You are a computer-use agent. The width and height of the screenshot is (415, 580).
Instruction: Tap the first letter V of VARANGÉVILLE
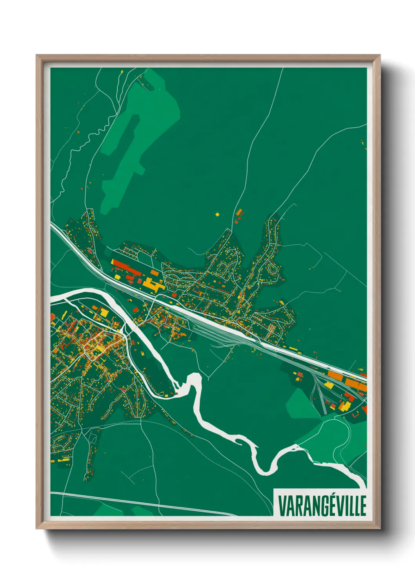click(282, 506)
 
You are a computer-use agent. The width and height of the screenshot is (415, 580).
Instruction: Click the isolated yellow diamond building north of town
click(217, 214)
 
